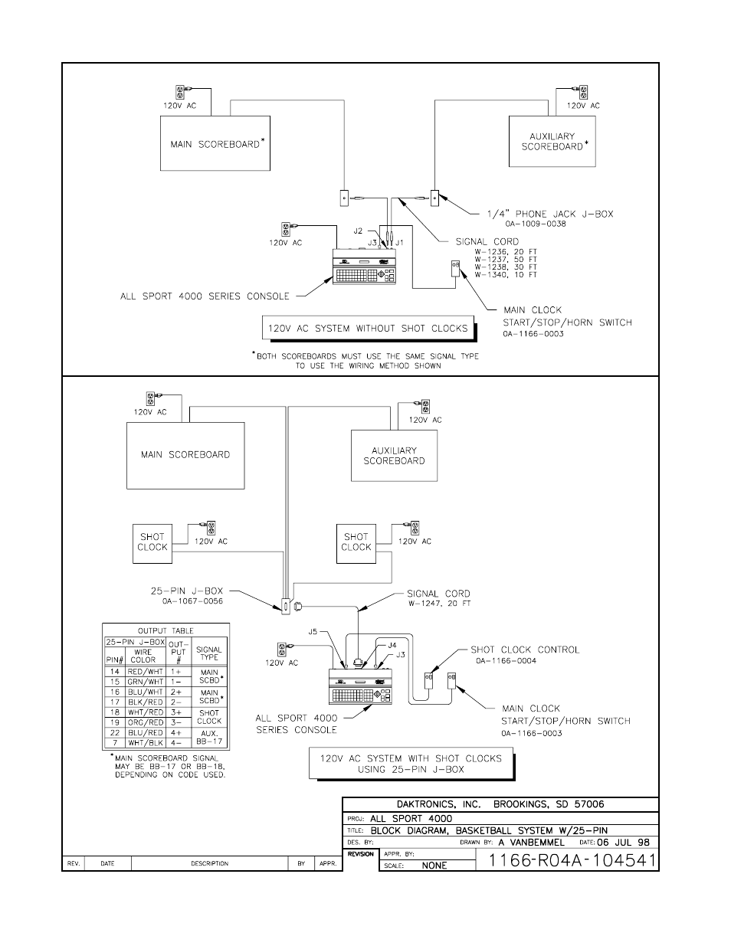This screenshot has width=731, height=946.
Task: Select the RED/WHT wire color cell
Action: [146, 671]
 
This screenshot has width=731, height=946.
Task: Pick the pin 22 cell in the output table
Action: [115, 732]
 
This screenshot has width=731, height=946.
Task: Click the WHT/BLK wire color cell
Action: [146, 742]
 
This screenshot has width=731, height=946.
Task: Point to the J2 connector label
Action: [359, 231]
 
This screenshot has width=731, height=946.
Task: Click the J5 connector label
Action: [313, 632]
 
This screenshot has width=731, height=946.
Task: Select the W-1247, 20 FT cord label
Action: [439, 604]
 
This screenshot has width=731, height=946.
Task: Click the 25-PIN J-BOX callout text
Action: [186, 591]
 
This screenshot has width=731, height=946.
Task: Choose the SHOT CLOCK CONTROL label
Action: [525, 650]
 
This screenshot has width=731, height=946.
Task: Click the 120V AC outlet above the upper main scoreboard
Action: [182, 91]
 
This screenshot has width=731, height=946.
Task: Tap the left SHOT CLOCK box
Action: [152, 542]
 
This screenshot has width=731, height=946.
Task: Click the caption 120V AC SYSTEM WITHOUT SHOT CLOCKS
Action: [367, 329]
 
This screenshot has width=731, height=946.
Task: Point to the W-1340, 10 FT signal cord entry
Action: [506, 274]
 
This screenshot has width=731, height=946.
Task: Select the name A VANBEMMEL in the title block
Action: [531, 842]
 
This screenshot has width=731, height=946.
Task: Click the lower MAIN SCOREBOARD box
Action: [185, 455]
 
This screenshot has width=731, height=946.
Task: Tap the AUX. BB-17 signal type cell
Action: [209, 737]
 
